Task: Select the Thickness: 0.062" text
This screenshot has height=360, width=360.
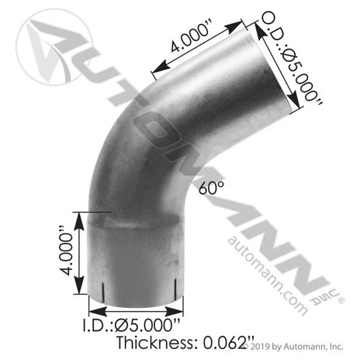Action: tap(185, 343)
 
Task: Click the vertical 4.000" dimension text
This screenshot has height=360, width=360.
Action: tap(65, 251)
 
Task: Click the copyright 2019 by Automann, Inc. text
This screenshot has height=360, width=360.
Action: tap(293, 346)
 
